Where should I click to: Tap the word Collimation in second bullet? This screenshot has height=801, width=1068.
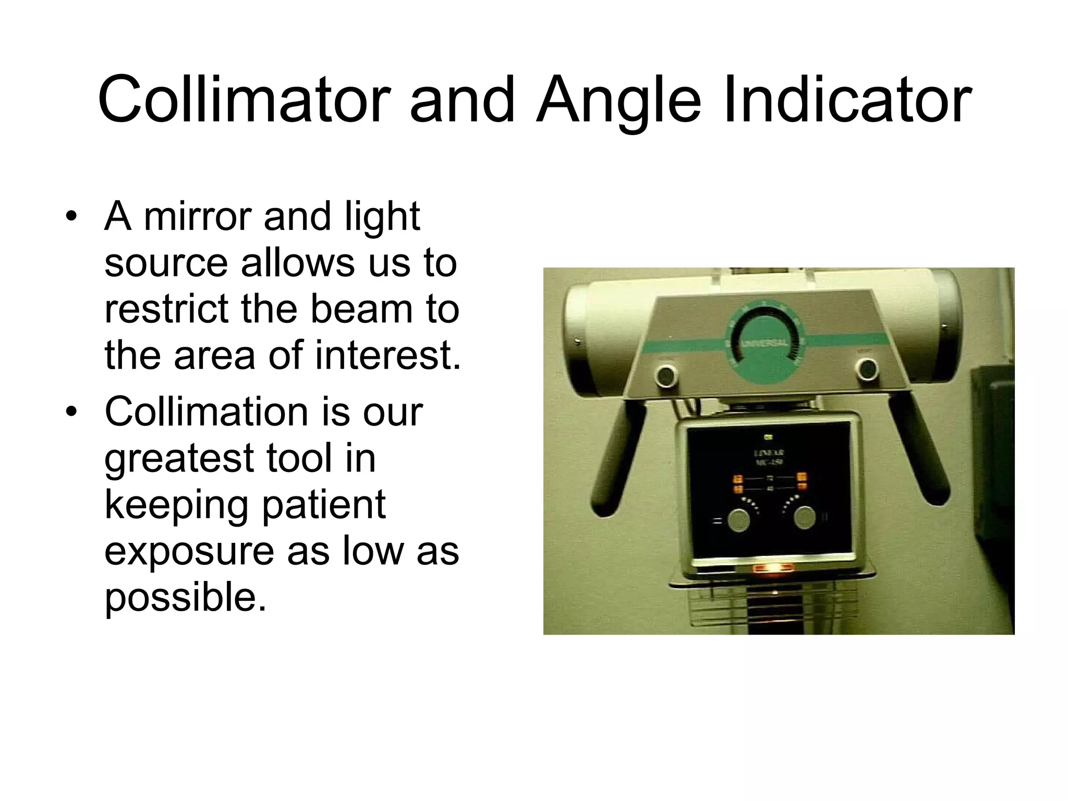206,411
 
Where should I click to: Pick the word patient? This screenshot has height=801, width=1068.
323,504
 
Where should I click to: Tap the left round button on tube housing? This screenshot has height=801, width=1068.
666,375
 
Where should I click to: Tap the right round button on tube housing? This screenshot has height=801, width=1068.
867,369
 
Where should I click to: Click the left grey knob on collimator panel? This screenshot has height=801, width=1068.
738,520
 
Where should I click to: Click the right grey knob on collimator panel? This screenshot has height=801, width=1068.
805,518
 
